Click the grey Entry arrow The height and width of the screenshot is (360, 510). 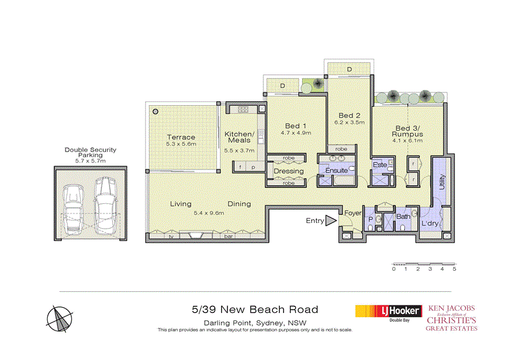[330, 221]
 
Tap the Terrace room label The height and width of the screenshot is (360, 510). [181, 137]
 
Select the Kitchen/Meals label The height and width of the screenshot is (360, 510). [240, 137]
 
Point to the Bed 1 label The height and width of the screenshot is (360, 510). [296, 126]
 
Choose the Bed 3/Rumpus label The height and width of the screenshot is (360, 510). [409, 131]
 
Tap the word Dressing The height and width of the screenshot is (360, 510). [288, 171]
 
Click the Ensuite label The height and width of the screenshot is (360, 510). [336, 171]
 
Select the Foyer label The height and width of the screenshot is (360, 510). [353, 214]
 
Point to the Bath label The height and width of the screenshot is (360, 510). [403, 217]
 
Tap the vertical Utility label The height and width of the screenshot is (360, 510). [441, 184]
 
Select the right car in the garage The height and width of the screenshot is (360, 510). [105, 199]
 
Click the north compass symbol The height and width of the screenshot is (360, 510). [61, 317]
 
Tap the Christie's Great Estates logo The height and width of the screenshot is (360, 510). [452, 317]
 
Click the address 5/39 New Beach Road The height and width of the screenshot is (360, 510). [255, 310]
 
